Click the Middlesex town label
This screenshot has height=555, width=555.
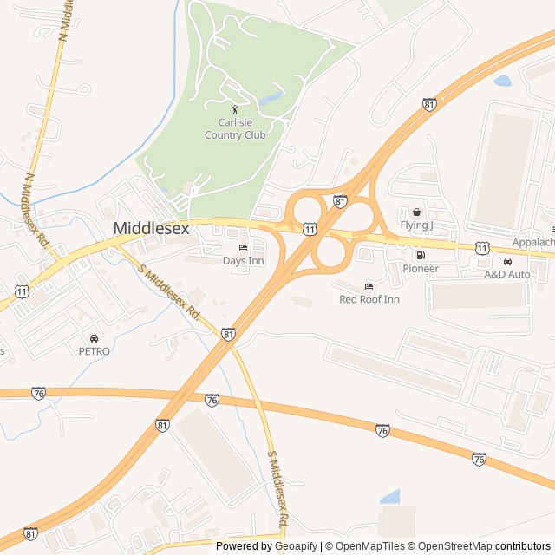coord(151,228)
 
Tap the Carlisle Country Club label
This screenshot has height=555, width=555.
coord(235,128)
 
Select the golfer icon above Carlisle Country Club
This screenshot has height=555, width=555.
coord(235,109)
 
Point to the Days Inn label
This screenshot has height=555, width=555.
coord(243,260)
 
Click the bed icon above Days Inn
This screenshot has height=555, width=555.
coord(243,248)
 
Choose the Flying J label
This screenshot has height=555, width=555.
coord(416,225)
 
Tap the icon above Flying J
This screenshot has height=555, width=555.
coord(416,212)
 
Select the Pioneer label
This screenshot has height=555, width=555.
coord(421,269)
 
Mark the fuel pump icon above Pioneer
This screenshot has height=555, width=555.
coord(421,256)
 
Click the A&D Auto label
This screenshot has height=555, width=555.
coord(507,274)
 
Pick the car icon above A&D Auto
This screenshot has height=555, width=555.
coord(507,261)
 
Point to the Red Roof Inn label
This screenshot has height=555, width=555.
coord(369,299)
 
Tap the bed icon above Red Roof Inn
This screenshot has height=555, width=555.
coord(369,286)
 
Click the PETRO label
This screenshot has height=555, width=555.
coord(94,351)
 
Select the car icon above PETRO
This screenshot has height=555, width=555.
coord(94,338)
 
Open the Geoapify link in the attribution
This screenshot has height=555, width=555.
coord(297,546)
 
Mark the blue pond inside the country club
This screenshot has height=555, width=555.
coord(271,97)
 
